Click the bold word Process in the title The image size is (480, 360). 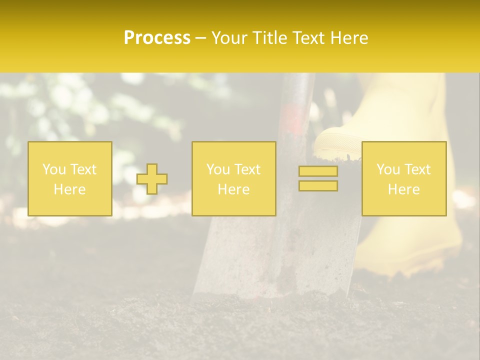click(x=157, y=38)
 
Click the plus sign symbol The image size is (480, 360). click(x=152, y=179)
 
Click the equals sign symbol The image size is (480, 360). click(x=318, y=178)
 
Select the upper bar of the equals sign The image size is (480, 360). click(x=318, y=171)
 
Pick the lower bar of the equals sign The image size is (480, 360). click(x=318, y=186)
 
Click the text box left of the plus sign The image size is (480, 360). click(x=69, y=179)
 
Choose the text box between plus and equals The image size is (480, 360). click(x=233, y=179)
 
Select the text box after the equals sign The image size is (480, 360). click(x=403, y=179)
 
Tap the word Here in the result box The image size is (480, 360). click(x=403, y=189)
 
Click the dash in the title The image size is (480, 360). click(x=201, y=38)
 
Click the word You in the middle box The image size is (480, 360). click(x=218, y=169)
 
